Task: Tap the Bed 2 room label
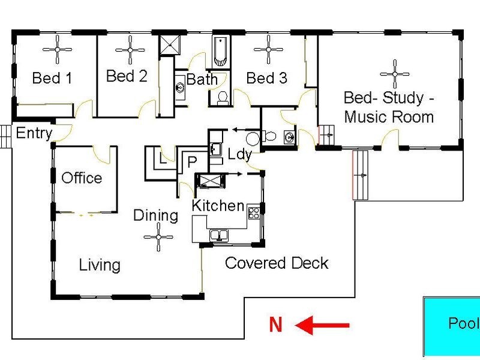tap(126, 76)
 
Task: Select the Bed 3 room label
tap(266, 78)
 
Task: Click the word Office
tap(82, 178)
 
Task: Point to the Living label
tap(100, 265)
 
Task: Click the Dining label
tap(155, 215)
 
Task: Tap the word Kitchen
tap(218, 206)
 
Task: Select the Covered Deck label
tap(277, 263)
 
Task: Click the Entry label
tap(34, 133)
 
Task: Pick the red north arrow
tap(323, 326)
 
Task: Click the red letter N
tap(275, 325)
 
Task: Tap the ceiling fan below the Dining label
tap(158, 238)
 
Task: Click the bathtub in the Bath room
tap(220, 51)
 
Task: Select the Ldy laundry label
tap(239, 154)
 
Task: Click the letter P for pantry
tap(192, 162)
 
